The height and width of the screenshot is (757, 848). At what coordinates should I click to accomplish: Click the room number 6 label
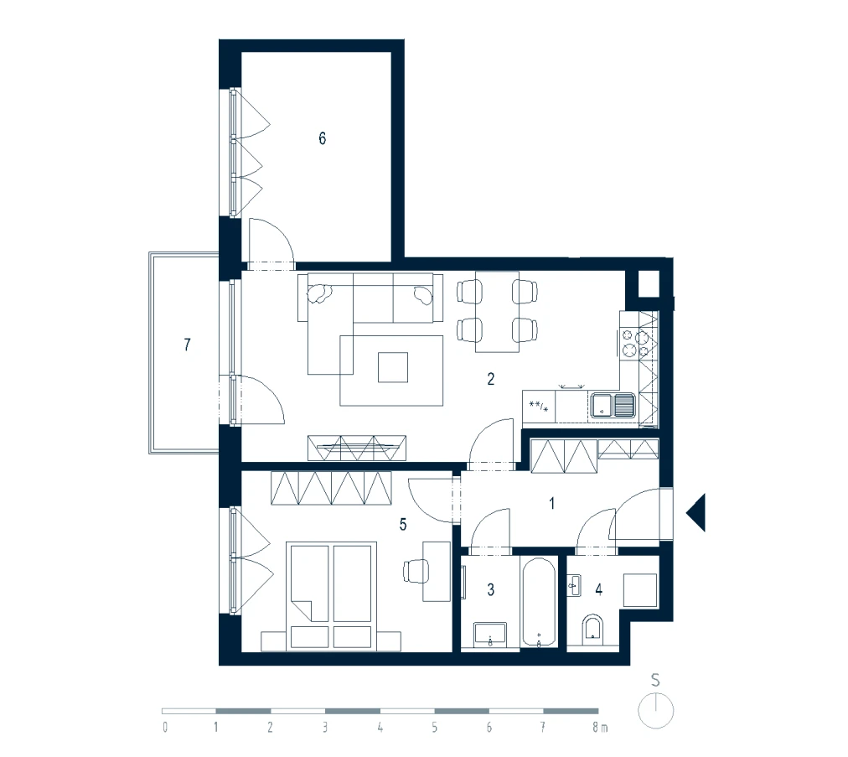coord(323,138)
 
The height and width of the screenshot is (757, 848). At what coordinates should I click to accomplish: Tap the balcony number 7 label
coord(187,345)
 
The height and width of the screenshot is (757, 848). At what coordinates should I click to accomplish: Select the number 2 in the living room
coord(490,379)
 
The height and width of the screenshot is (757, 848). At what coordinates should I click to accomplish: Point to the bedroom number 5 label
coord(403,524)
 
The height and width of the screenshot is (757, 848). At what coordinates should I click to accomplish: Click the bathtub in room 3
coord(539,602)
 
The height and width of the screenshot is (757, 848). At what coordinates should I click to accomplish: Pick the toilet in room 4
coord(593,630)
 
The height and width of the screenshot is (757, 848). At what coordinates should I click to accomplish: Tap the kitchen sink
coord(613,405)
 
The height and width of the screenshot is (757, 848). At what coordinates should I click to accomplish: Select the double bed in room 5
coord(331,596)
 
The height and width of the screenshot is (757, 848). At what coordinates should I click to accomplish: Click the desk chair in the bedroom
coord(416,571)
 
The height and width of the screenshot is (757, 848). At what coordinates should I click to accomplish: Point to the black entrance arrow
coord(696,512)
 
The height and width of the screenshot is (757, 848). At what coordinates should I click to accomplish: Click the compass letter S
coord(655,680)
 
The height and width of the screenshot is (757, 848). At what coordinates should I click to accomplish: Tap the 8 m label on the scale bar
coord(600,727)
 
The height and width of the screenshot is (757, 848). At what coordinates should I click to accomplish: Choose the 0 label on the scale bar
coord(165,727)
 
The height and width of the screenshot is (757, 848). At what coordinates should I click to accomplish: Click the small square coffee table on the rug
coord(393,367)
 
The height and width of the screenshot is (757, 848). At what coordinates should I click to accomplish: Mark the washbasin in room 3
coord(490,635)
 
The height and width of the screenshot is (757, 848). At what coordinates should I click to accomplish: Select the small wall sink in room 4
coord(574,586)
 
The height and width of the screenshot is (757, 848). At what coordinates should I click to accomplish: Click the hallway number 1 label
coord(551,503)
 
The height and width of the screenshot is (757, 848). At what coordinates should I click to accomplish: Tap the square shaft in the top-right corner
coord(649,283)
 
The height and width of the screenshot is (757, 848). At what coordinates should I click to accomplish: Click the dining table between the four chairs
coord(497,312)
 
